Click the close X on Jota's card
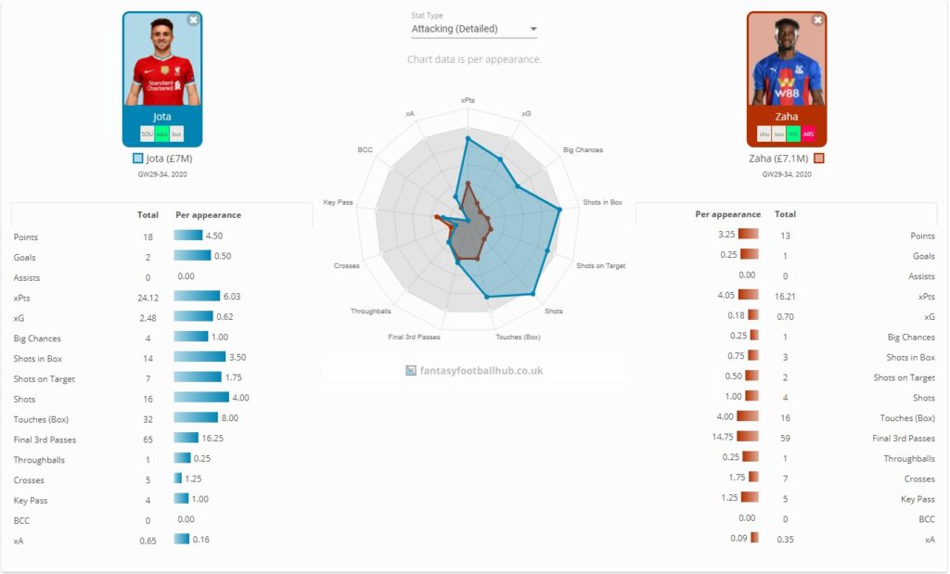193,19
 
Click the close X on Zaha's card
817,19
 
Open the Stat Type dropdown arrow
533,29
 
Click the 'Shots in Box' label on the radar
602,202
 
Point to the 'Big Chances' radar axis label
583,150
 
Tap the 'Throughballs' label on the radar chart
370,312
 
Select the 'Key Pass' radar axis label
338,202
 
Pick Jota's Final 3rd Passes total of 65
148,440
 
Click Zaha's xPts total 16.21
785,296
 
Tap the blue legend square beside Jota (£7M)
138,159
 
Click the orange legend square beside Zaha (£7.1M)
818,159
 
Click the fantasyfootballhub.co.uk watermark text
481,371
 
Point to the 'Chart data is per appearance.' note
474,59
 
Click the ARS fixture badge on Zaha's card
808,134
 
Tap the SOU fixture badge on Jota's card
147,134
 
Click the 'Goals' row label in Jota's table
25,258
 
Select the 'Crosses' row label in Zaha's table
920,478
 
